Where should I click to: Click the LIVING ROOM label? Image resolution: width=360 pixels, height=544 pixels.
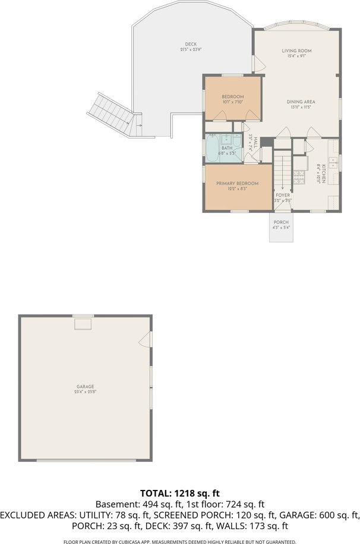tap(296, 51)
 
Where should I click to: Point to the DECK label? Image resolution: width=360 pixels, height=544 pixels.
tap(191, 44)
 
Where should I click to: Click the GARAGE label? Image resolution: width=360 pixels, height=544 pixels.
tap(85, 386)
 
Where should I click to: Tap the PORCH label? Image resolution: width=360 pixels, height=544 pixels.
tap(281, 222)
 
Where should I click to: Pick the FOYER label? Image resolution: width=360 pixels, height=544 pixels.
tap(282, 195)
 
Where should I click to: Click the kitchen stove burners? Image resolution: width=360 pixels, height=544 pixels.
tap(299, 176)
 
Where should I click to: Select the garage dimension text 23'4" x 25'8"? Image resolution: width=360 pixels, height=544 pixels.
tap(85, 392)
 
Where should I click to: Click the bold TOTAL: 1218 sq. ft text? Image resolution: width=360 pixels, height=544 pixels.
tap(180, 493)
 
